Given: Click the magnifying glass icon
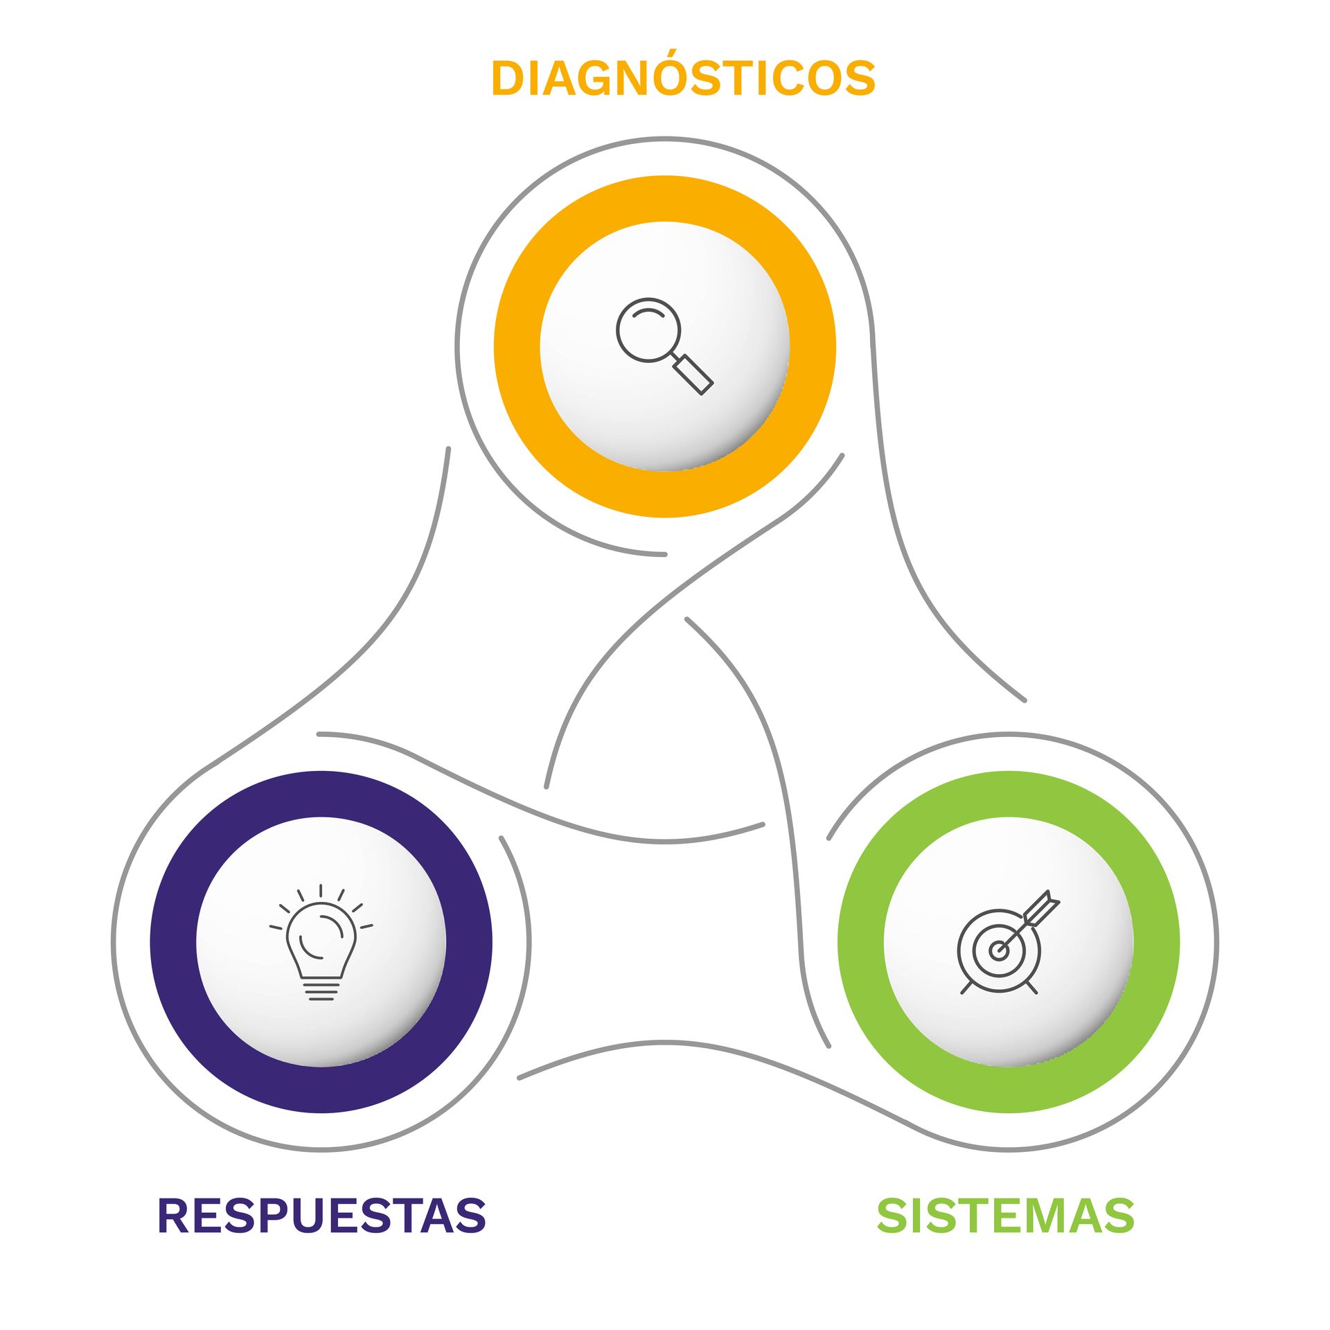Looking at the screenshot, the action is click(664, 346).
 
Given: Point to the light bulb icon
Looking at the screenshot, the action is click(321, 942).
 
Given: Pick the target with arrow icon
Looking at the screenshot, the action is click(1009, 942).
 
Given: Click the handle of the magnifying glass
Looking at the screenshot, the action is click(693, 375).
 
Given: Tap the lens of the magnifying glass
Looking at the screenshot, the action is click(648, 330).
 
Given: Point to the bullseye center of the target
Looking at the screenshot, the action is click(998, 950).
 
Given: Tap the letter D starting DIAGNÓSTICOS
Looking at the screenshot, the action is click(508, 78).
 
